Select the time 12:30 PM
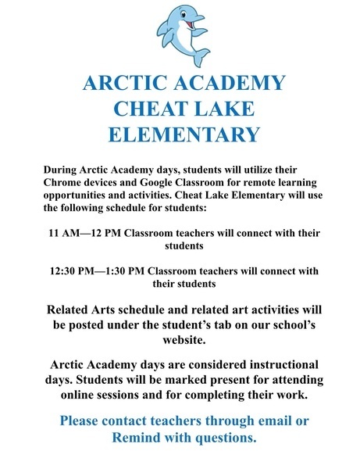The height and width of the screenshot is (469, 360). (68, 271)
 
